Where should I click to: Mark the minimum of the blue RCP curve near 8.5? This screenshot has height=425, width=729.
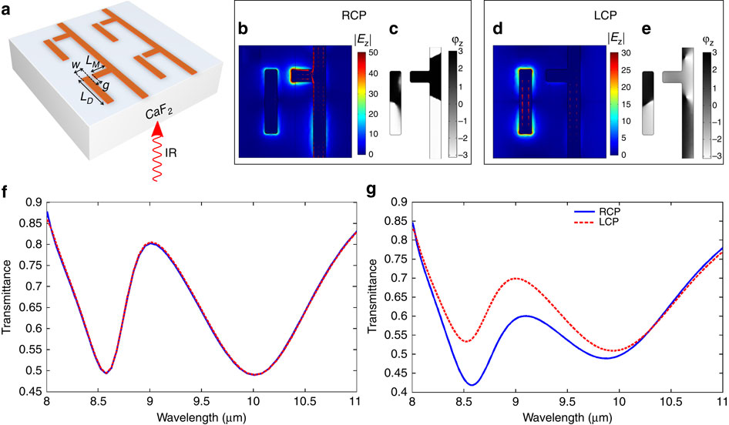click(x=473, y=384)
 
